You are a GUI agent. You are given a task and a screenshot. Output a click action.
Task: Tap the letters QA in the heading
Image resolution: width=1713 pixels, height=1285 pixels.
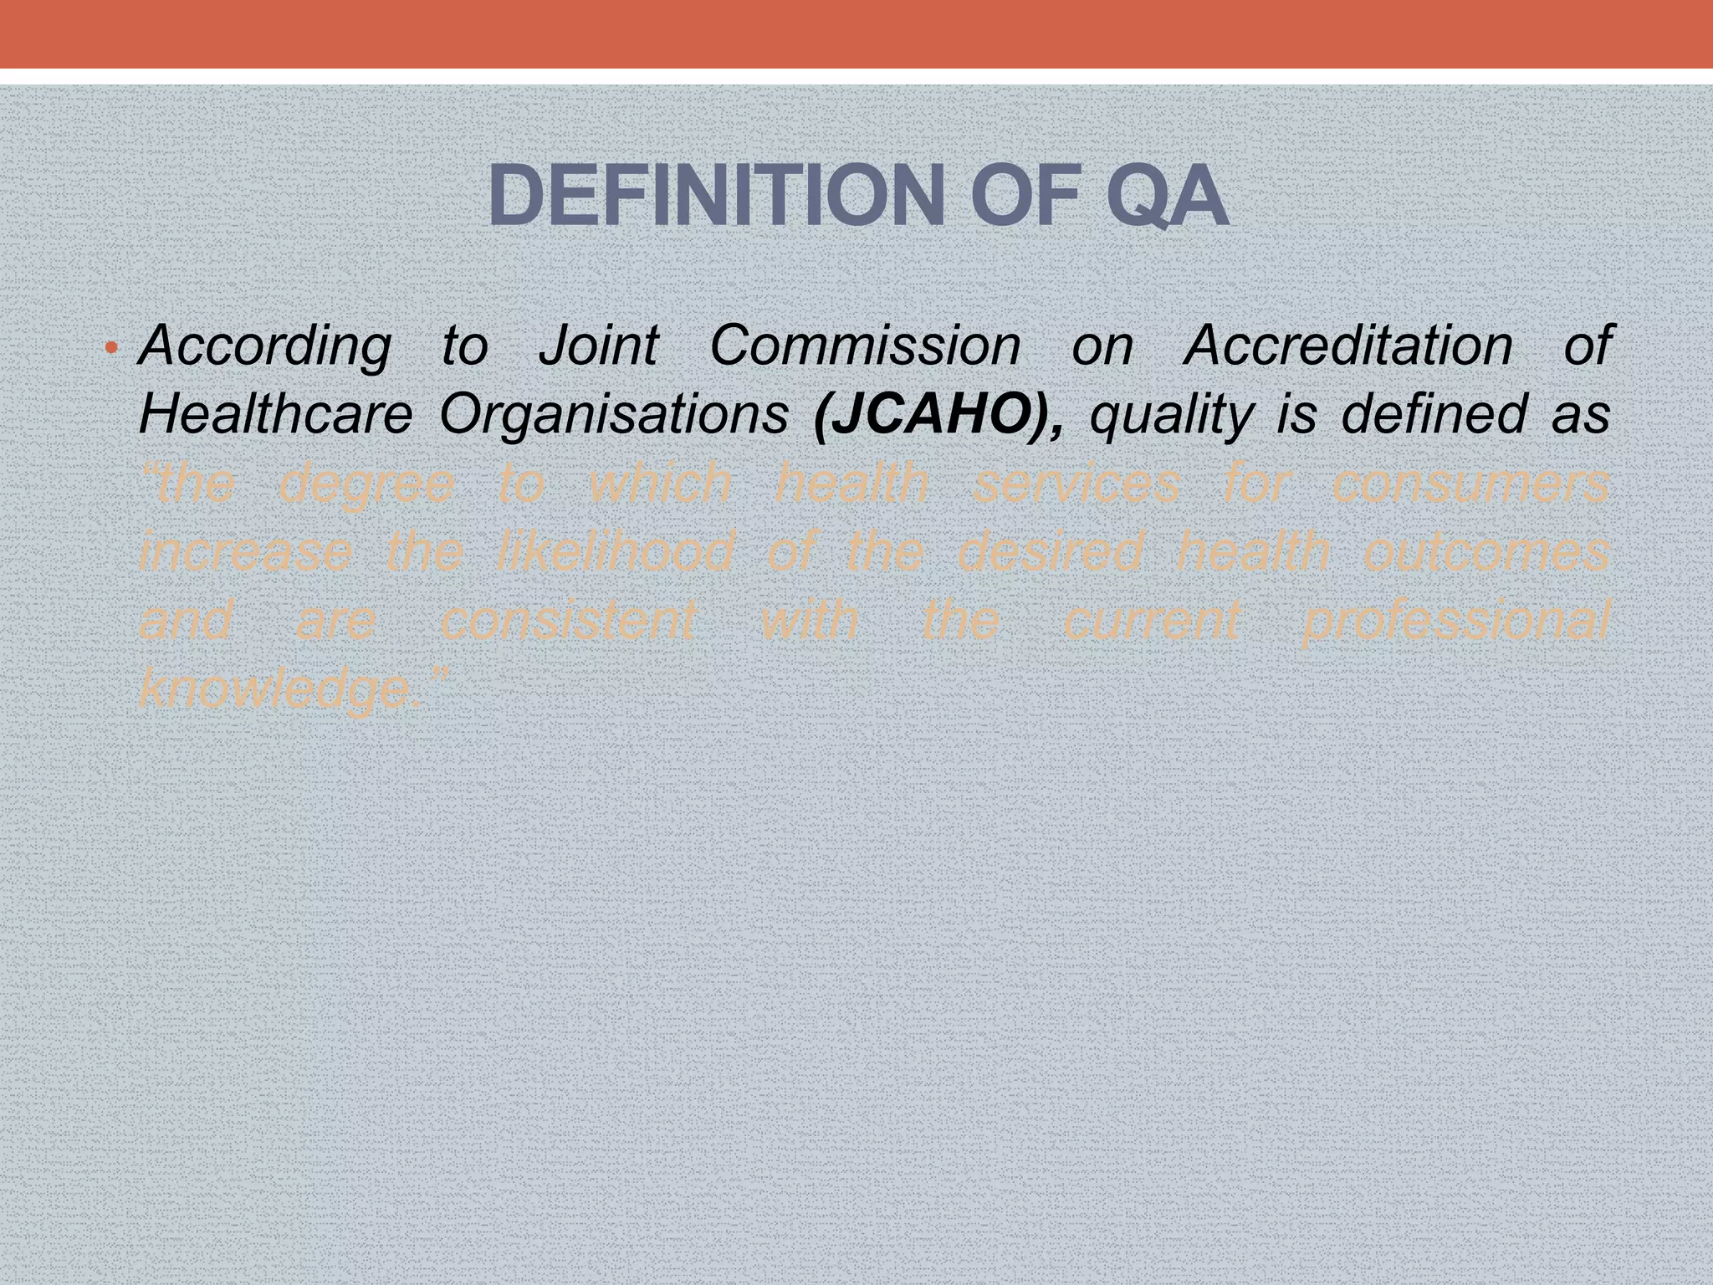tap(1167, 197)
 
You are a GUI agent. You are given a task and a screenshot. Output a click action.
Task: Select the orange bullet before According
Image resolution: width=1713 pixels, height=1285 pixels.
tap(111, 347)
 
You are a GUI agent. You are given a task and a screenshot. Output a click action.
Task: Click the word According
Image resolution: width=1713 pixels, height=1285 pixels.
tap(264, 346)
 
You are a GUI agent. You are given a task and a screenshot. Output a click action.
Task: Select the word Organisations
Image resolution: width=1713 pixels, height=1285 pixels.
tap(614, 414)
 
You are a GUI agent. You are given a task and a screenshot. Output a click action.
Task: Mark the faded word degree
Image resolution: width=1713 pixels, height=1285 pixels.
tap(366, 484)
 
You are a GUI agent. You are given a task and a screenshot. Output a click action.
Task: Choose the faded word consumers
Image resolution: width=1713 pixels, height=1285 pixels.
tap(1470, 484)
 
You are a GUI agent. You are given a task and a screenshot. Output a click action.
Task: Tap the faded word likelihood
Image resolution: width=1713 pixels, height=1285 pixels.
tap(614, 551)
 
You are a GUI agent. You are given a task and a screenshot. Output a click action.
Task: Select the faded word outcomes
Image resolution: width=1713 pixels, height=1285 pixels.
tap(1485, 553)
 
